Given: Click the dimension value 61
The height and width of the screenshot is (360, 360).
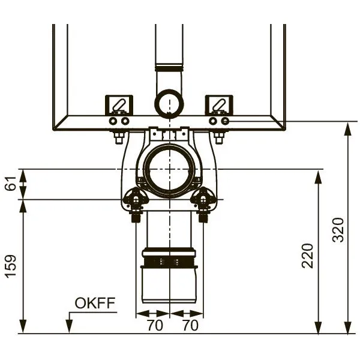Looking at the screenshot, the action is [11, 183].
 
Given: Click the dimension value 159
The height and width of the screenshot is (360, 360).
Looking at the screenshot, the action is [11, 266].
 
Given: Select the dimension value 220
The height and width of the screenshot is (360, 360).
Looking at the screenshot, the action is [307, 256].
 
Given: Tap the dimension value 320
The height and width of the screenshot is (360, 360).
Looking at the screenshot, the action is [338, 230].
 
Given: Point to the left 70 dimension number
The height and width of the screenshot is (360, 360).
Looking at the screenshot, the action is [155, 325].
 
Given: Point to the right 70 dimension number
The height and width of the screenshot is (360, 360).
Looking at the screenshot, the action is [190, 325].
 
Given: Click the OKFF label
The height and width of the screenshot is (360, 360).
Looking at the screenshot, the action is [95, 303].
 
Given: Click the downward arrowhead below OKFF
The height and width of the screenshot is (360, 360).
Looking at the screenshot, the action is [69, 326].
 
